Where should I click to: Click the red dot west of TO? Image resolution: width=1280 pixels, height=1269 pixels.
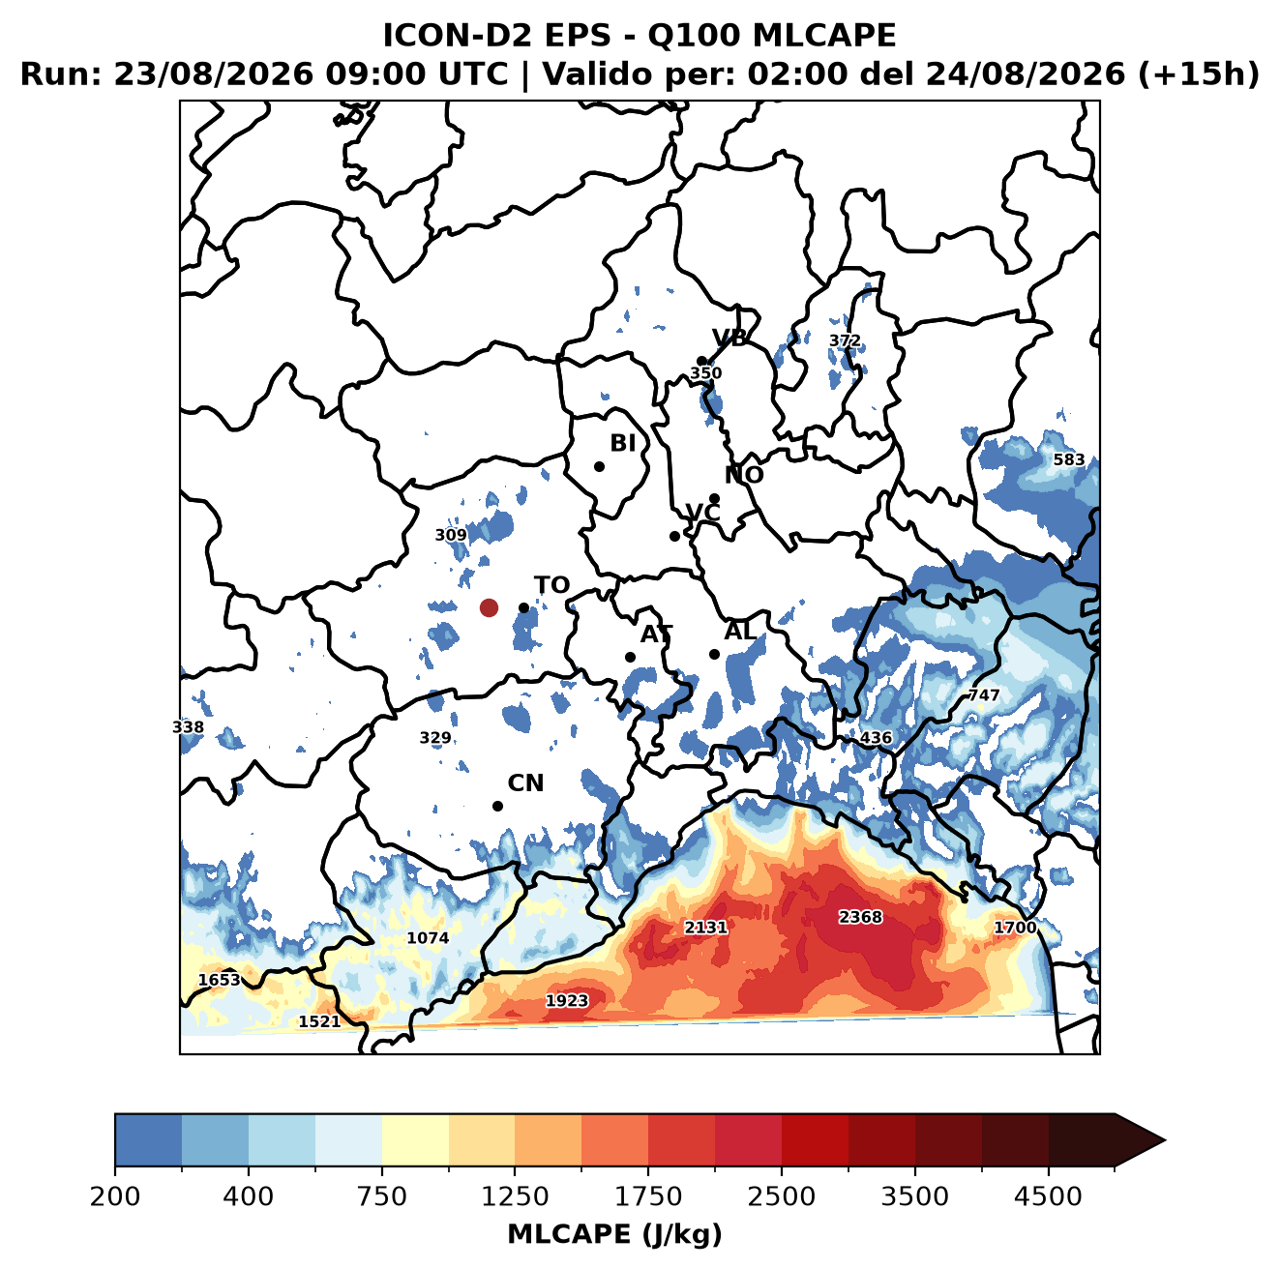tap(489, 607)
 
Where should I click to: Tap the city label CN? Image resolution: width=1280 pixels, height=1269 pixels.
tap(524, 783)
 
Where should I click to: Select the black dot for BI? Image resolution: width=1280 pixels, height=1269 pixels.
tap(599, 466)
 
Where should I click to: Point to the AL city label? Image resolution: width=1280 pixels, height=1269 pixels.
tap(740, 631)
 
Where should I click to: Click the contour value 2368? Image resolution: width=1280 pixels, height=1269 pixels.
tap(859, 917)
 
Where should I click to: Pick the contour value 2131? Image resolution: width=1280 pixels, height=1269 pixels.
tap(705, 927)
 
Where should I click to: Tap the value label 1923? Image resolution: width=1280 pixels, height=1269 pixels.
tap(566, 1000)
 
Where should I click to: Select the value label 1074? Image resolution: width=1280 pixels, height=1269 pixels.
tap(427, 937)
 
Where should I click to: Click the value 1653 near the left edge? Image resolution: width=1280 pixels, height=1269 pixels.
tap(220, 980)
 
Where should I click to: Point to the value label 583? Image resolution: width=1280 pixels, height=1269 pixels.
tap(1068, 459)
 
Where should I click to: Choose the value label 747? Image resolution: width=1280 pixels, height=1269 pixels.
tap(984, 694)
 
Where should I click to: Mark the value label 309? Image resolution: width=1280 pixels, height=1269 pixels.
tap(450, 535)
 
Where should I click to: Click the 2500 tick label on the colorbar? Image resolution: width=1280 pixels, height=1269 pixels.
tap(781, 1195)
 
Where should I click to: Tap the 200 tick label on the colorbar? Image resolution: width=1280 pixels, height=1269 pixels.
tap(115, 1195)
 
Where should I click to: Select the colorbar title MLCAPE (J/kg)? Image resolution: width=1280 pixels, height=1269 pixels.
tap(614, 1234)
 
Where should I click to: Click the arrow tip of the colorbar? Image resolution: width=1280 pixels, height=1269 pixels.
tap(1165, 1140)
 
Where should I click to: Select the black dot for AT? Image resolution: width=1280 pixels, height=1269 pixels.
tap(630, 657)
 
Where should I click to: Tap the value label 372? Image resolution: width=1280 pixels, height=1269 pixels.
tap(845, 340)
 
